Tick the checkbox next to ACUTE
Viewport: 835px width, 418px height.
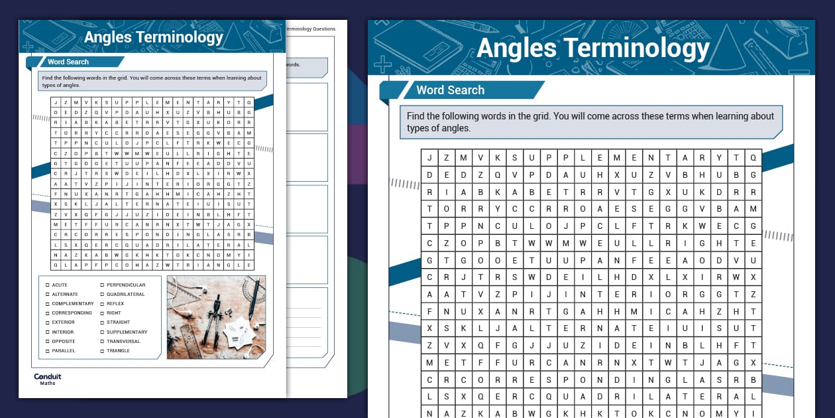(x=47, y=285)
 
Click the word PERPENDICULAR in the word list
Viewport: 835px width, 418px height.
(x=125, y=285)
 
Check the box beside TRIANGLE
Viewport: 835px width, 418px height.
(x=102, y=350)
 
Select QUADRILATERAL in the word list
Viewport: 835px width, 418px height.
(x=125, y=294)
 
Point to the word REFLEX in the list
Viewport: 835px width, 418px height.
(x=115, y=303)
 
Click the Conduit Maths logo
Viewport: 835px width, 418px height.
(x=47, y=379)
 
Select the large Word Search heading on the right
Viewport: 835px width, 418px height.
(x=450, y=90)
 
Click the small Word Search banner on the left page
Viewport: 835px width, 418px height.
(x=68, y=62)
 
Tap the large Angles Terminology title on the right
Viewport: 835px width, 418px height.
(x=592, y=48)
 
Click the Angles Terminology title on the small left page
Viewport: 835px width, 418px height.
(x=153, y=36)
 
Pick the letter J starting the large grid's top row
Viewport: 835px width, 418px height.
(x=429, y=158)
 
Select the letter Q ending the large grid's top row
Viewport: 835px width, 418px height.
(x=753, y=158)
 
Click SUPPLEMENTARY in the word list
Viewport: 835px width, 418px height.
(x=127, y=332)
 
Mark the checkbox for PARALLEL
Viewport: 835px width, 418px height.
(x=47, y=350)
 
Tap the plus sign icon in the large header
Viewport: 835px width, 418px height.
(x=382, y=65)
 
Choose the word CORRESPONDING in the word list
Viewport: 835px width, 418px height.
(x=72, y=313)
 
